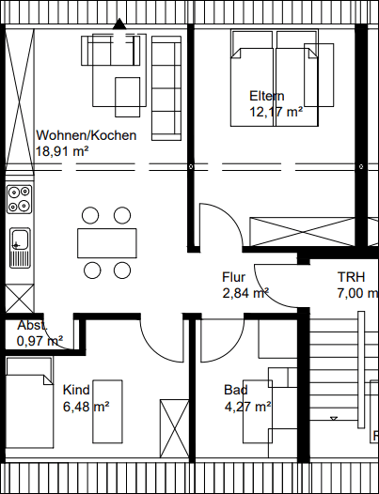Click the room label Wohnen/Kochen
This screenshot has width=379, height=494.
[x=86, y=135]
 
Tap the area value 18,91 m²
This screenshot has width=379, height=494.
[x=62, y=150]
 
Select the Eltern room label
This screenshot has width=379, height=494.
[x=266, y=96]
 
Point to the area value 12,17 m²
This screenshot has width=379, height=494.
[x=276, y=112]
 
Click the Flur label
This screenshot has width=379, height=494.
[x=233, y=277]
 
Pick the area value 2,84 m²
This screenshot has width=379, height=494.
[x=245, y=293]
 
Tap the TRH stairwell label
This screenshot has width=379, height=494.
[x=351, y=277]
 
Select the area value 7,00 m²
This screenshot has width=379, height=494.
[x=357, y=293]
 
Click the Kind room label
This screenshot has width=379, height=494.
[x=76, y=389]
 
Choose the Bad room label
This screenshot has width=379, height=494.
[x=235, y=390]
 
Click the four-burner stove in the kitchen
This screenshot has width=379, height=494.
[x=19, y=198]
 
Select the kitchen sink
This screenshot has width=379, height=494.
[x=19, y=246]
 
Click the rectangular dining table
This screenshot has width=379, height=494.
[x=105, y=243]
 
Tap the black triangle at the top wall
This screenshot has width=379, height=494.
[x=118, y=24]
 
